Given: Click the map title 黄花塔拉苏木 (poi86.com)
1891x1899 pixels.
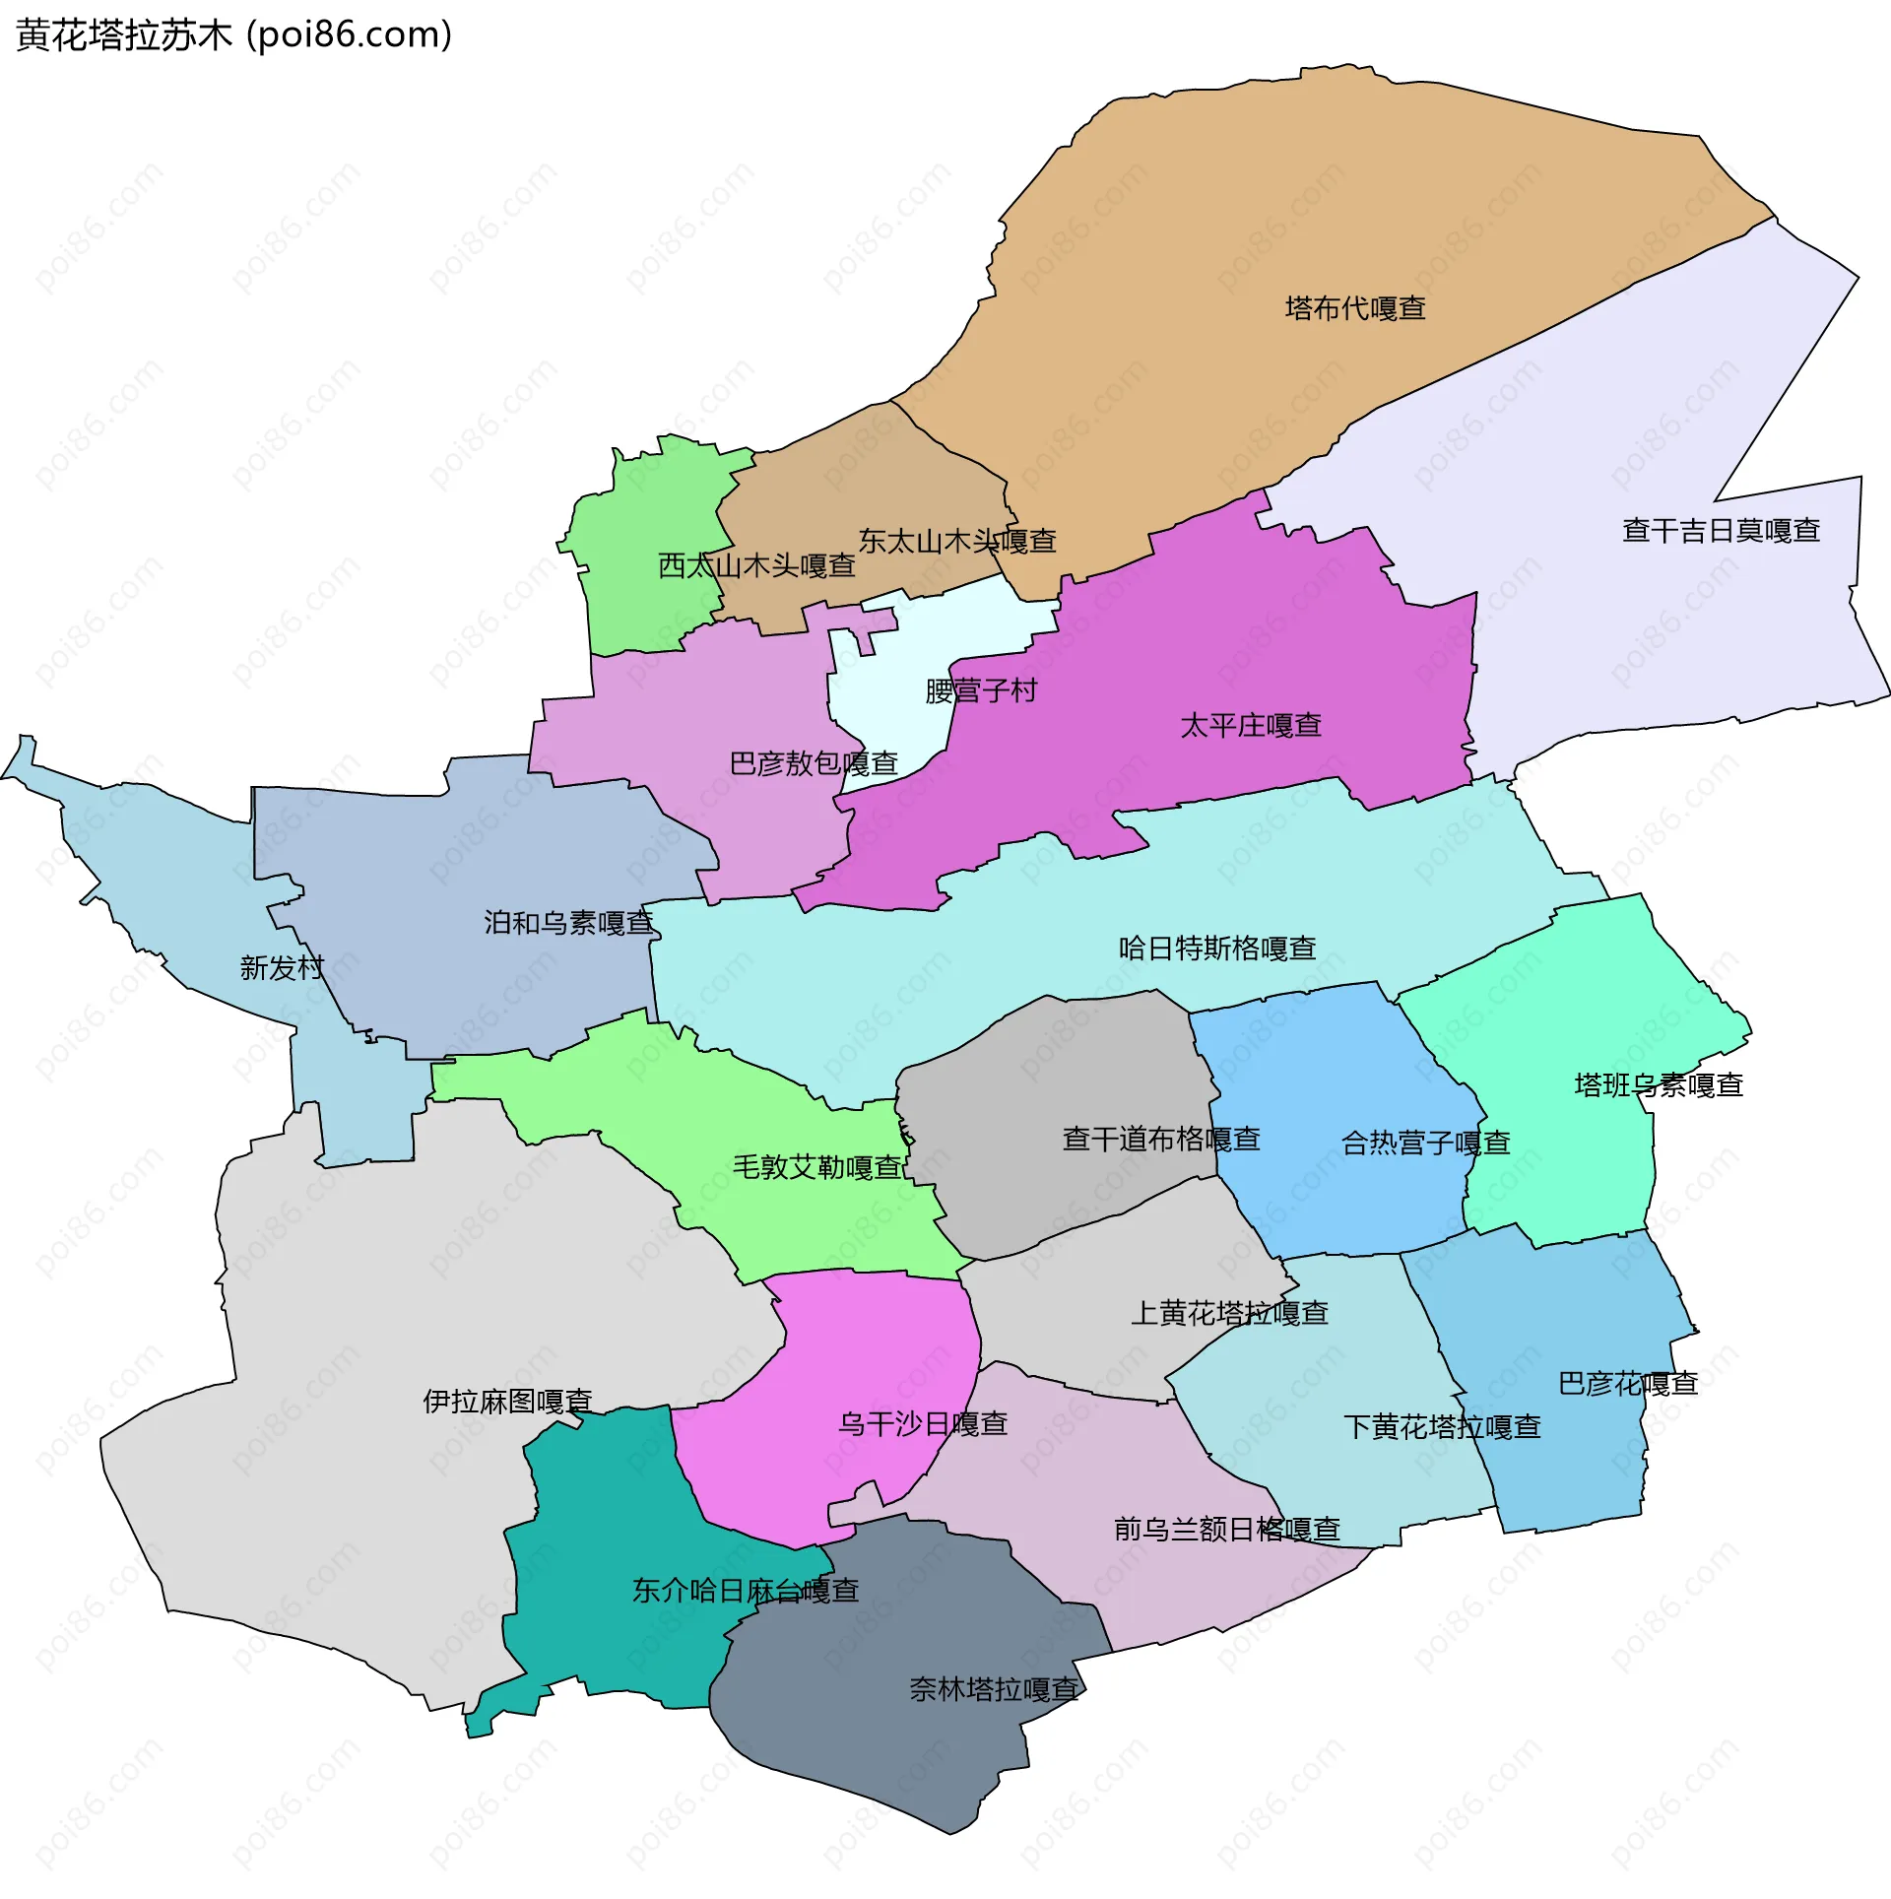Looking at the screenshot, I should [x=234, y=35].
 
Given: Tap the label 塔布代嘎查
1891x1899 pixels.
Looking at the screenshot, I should [x=1355, y=308].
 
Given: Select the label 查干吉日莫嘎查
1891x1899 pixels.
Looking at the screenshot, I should [x=1721, y=531].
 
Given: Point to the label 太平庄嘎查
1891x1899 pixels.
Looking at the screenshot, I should [x=1251, y=726].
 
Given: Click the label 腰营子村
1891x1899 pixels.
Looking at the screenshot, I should [x=981, y=690].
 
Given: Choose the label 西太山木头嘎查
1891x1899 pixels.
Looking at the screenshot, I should [x=756, y=565].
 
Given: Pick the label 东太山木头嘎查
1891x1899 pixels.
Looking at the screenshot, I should [x=957, y=541].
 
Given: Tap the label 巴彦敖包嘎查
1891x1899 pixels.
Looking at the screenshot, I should [x=814, y=763].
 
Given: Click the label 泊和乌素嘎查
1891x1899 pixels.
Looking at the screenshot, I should [x=568, y=923].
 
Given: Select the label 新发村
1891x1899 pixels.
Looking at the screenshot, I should [x=282, y=968].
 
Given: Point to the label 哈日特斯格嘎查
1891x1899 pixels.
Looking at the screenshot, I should [x=1217, y=949].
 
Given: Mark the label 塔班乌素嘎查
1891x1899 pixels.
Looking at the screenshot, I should [x=1659, y=1085].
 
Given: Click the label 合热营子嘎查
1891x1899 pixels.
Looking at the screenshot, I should [x=1425, y=1144].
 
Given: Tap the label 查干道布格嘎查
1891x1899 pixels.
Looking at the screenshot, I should [x=1161, y=1140].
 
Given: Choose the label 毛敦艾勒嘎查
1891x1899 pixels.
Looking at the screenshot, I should [x=817, y=1167].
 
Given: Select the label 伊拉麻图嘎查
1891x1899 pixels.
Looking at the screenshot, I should [x=507, y=1402].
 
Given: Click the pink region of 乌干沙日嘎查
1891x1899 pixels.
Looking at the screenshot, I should [x=837, y=1359].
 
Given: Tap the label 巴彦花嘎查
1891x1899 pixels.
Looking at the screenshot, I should [x=1628, y=1384].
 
